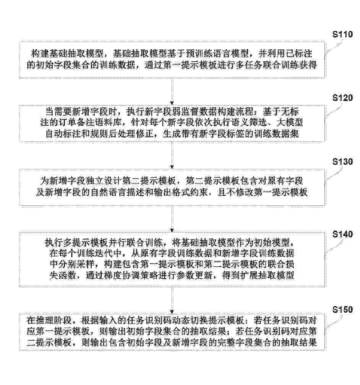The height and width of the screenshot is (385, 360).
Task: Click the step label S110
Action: (x=342, y=34)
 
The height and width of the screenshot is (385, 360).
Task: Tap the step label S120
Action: (x=342, y=98)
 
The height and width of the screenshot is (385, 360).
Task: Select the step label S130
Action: (x=342, y=162)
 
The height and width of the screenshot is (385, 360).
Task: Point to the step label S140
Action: (x=342, y=234)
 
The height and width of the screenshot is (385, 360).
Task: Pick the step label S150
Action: (x=342, y=310)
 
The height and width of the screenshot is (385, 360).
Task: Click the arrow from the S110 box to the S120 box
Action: (x=172, y=91)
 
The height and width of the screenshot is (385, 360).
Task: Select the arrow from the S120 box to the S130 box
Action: (x=172, y=155)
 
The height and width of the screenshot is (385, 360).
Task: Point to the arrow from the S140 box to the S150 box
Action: (x=172, y=300)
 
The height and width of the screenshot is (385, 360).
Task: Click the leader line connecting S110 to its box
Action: (x=332, y=48)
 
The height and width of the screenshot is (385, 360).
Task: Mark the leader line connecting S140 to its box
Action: (x=332, y=247)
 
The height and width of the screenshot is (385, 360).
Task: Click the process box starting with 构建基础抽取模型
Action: (x=172, y=60)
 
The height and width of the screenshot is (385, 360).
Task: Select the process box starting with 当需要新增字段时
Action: (x=172, y=123)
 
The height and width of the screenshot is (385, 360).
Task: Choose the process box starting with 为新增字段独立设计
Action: (x=172, y=187)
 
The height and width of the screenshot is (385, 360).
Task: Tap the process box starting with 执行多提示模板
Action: (x=172, y=259)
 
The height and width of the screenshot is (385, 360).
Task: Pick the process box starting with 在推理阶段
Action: (x=172, y=332)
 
